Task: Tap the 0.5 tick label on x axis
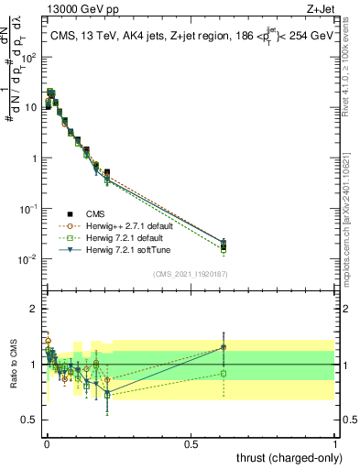click(191, 442)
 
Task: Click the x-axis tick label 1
click(336, 442)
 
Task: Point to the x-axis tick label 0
click(46, 442)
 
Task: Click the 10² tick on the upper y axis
click(29, 57)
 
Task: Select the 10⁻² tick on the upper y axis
click(29, 259)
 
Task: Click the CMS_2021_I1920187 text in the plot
click(191, 273)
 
